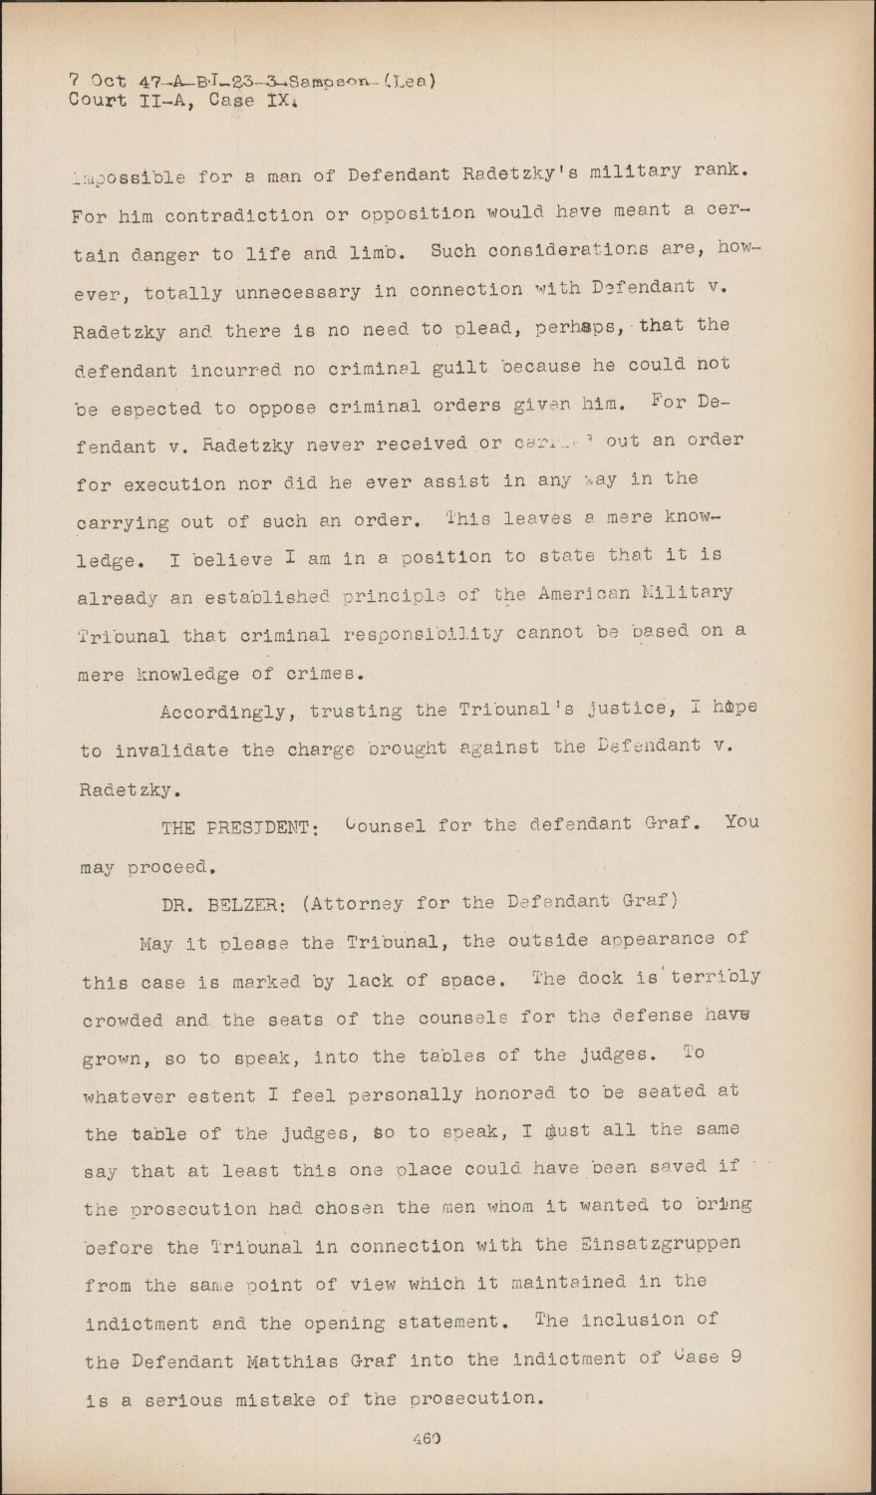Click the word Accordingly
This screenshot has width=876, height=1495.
coord(225,713)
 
